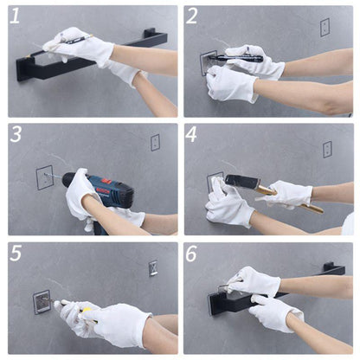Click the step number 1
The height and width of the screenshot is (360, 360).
tap(15, 16)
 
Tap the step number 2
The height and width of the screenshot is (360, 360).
tap(192, 16)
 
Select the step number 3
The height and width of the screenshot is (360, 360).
tap(16, 134)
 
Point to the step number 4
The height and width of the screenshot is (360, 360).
tap(191, 134)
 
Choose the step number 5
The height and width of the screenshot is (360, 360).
tap(16, 253)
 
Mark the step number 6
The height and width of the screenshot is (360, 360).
tap(191, 254)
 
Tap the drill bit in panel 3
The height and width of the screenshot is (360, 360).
tap(54, 176)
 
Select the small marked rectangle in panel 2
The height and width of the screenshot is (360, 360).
tap(325, 28)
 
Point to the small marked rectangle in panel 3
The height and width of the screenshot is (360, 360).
tap(155, 143)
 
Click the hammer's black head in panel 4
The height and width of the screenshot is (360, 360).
tap(241, 183)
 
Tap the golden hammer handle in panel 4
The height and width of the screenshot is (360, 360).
tap(288, 199)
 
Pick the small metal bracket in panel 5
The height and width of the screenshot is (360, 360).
tap(153, 268)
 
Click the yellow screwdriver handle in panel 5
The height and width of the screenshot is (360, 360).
tap(87, 312)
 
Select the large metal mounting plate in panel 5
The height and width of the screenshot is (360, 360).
tap(42, 302)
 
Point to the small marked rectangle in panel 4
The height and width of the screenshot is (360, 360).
tap(327, 150)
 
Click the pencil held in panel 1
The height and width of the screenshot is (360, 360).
tap(76, 40)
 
